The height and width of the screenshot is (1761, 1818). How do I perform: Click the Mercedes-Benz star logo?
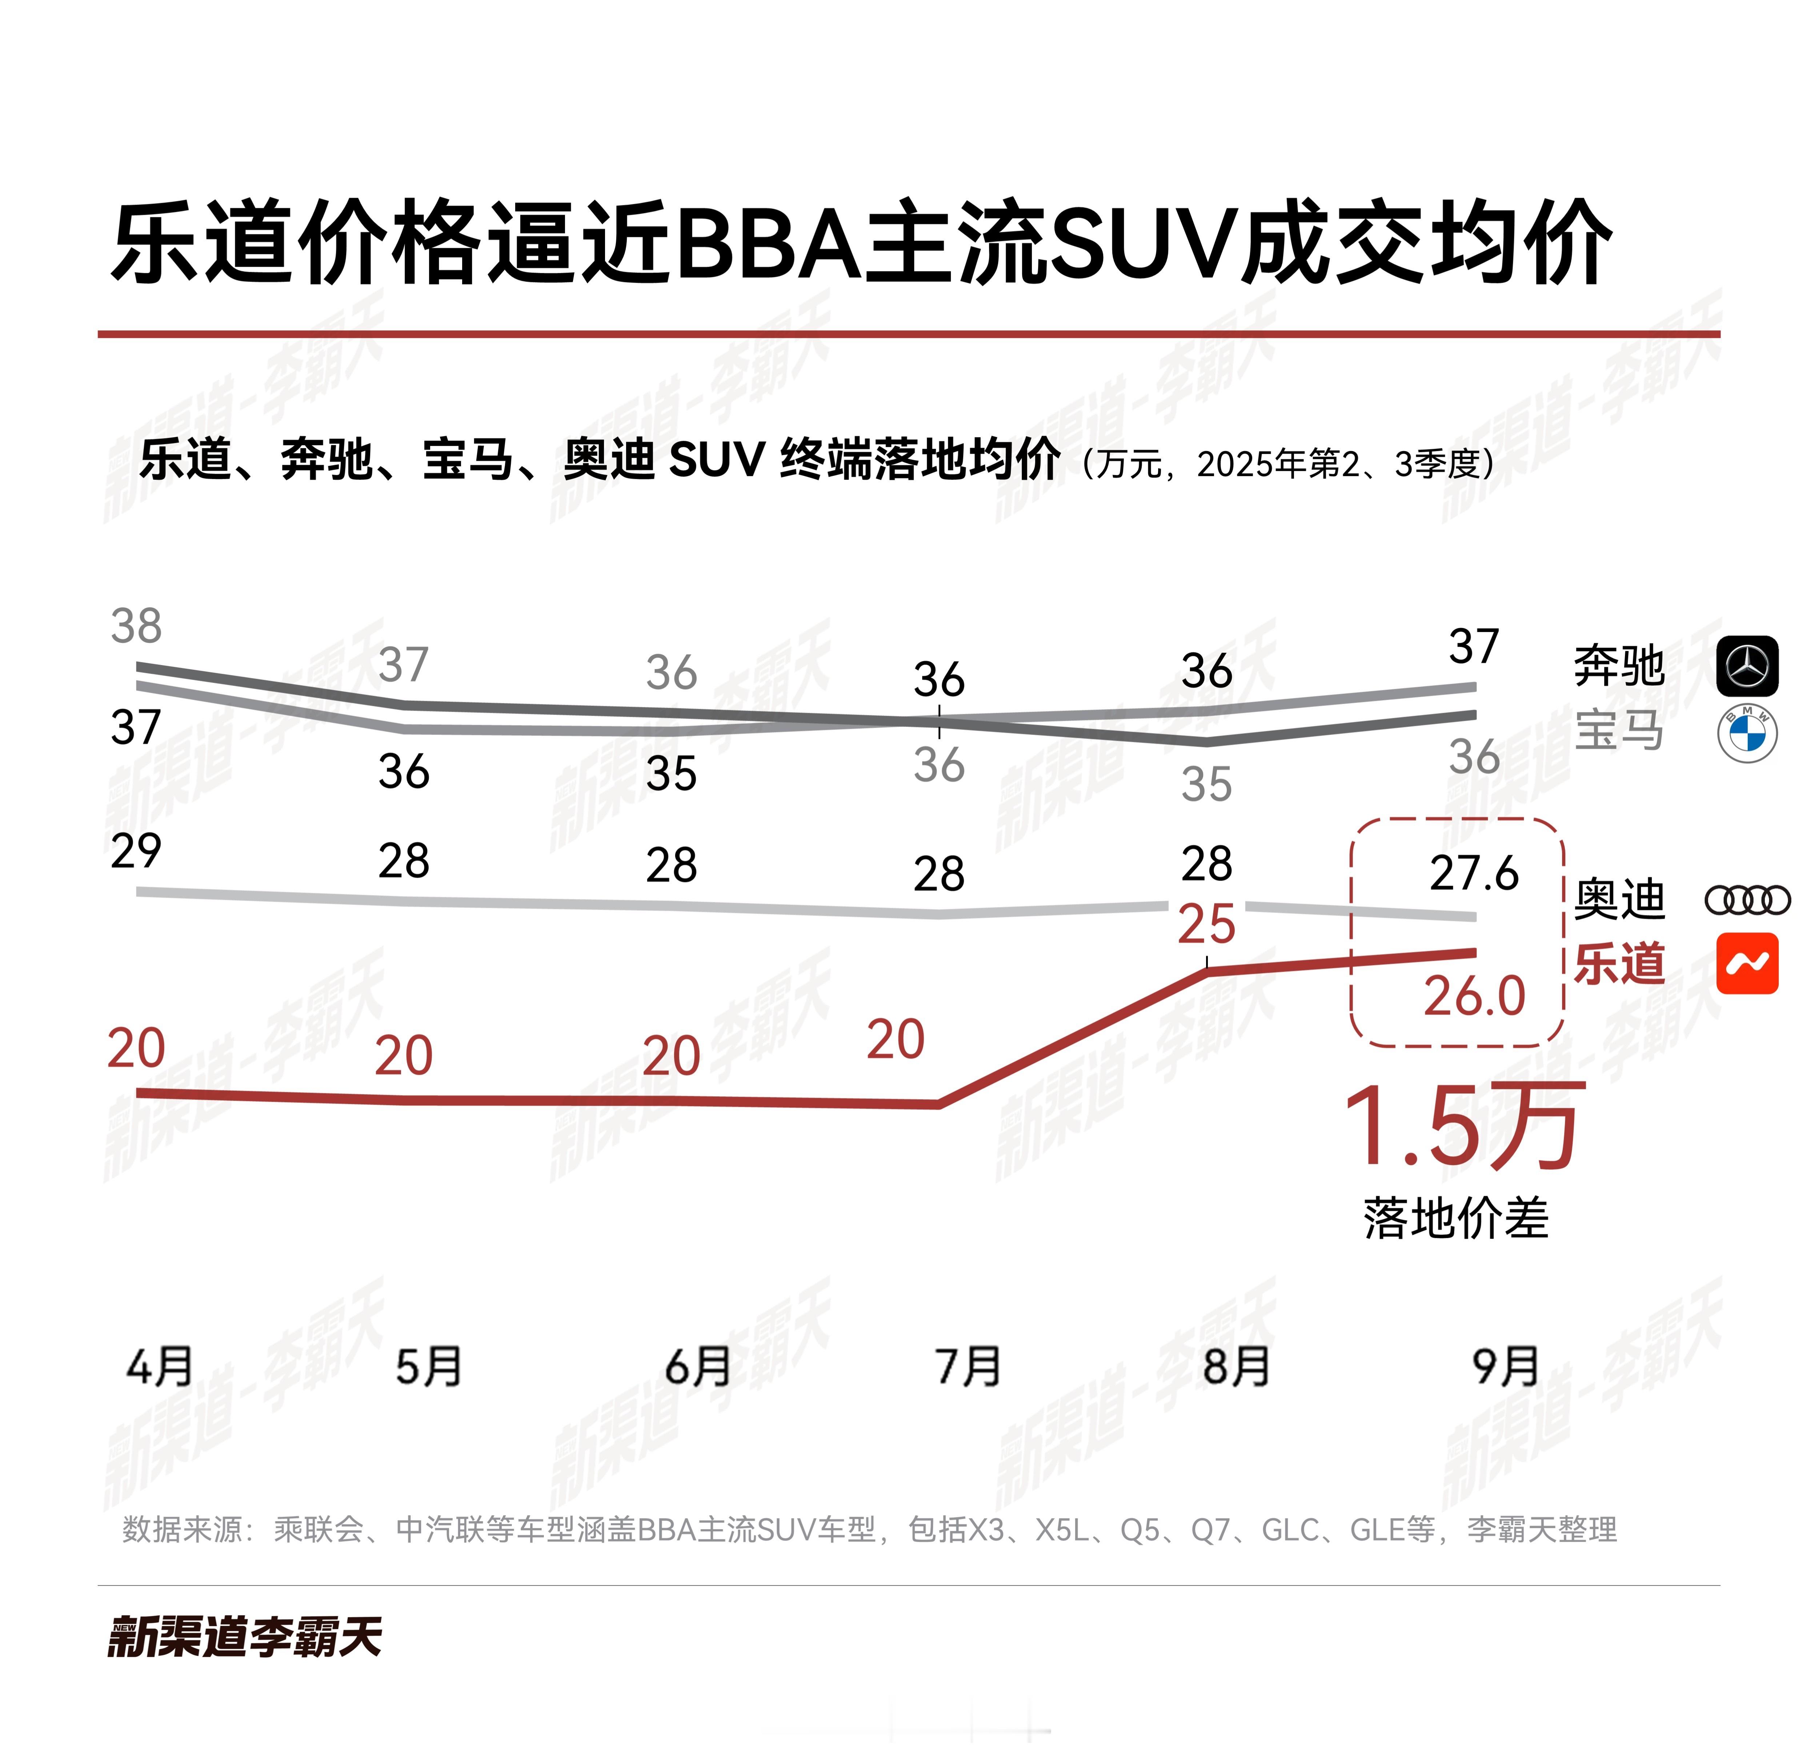[1747, 666]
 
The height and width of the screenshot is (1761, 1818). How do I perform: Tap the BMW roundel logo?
[1747, 733]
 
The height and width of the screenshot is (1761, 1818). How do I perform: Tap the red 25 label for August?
[1206, 925]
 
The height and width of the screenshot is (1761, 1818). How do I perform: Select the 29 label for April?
[136, 851]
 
